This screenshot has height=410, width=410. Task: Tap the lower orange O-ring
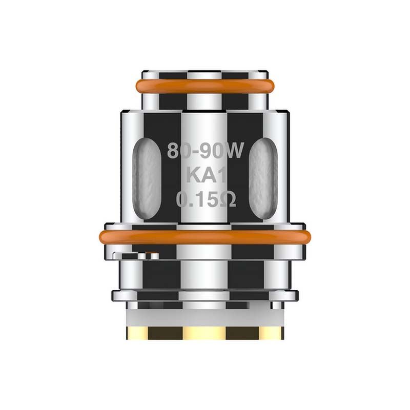205,238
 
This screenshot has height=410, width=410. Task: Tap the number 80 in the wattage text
179,151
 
